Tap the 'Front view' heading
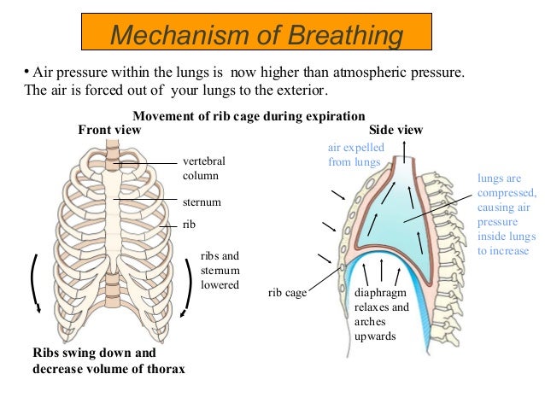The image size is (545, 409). tap(109, 130)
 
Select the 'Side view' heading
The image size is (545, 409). tap(396, 130)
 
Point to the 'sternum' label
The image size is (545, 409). tap(202, 202)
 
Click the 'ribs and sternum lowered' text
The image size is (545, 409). tap(220, 270)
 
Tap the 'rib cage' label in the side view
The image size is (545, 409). tap(286, 293)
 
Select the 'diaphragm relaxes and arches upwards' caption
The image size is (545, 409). tap(382, 314)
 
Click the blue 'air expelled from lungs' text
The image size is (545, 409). tap(356, 155)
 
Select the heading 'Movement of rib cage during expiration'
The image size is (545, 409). tap(249, 116)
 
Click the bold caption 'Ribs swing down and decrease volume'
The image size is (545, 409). tap(108, 360)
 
